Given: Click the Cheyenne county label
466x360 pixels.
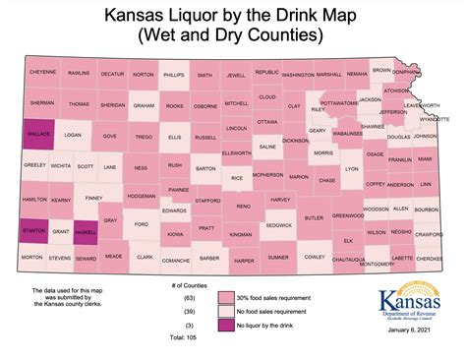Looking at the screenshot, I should coord(42,72).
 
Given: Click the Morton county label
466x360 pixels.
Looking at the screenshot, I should coord(32,258).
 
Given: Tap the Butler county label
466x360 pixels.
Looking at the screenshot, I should coord(314,218).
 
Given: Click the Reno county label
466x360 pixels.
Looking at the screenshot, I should coord(243,206).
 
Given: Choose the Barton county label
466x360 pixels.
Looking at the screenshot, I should coord(205,168).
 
